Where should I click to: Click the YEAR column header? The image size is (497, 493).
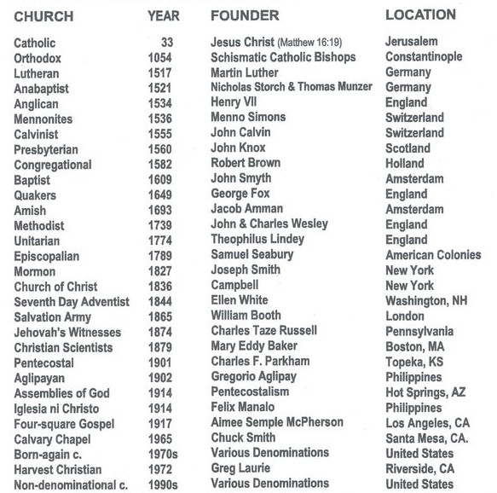tap(163, 16)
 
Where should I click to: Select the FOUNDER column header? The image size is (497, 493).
tap(245, 16)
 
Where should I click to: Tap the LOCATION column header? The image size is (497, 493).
tap(420, 14)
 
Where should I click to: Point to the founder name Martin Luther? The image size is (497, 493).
tap(244, 72)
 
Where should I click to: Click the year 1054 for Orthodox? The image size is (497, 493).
tap(159, 57)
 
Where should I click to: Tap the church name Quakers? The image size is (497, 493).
tap(36, 195)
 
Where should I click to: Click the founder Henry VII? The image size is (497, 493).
tap(234, 101)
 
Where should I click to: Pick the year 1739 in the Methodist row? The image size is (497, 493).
tap(159, 226)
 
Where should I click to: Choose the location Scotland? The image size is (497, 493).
tap(407, 148)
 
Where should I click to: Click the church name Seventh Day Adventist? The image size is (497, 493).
tap(72, 302)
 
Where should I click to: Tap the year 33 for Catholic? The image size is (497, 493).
tap(166, 42)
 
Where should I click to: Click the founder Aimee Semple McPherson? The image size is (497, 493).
tap(277, 422)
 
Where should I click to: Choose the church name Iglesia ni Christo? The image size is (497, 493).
tap(56, 409)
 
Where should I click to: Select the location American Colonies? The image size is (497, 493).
tap(433, 255)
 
